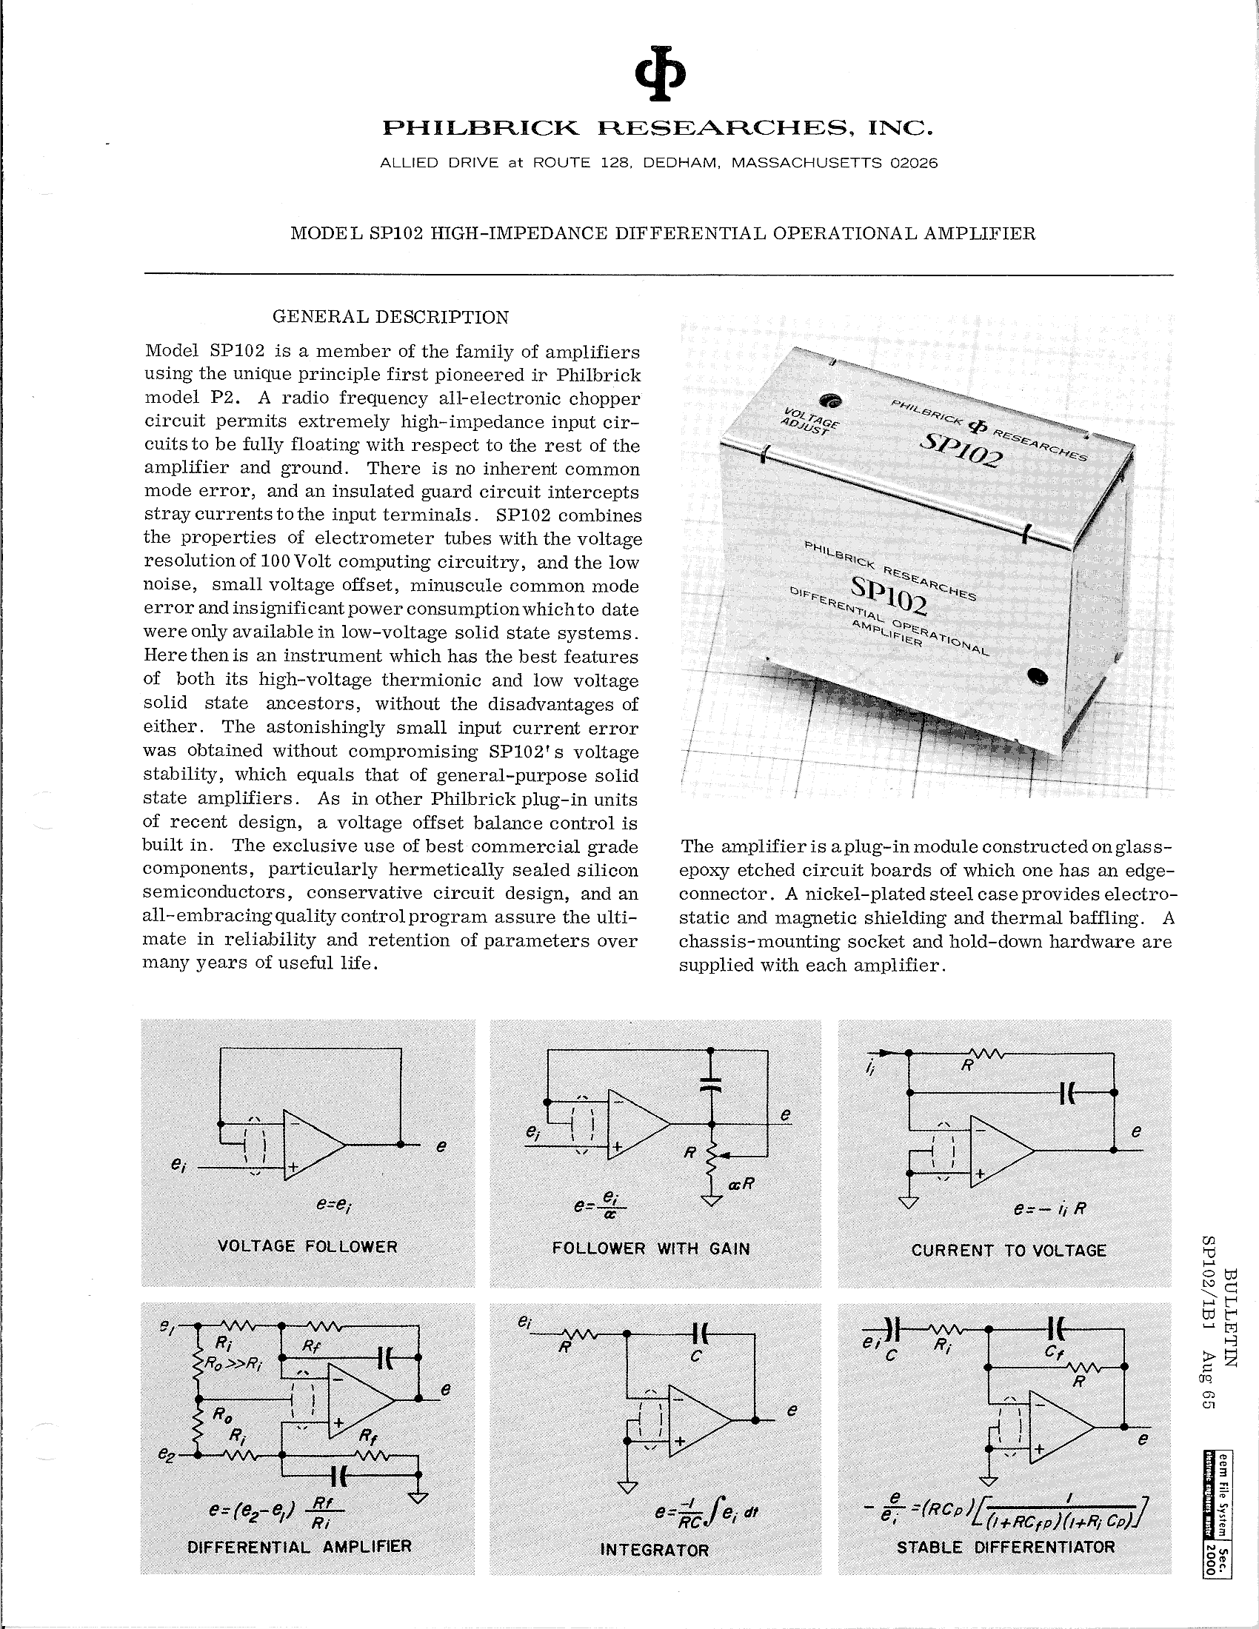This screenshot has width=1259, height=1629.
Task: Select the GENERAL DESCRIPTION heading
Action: [390, 317]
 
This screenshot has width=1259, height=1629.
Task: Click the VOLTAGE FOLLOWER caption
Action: [307, 1246]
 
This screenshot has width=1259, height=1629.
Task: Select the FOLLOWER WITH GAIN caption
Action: [651, 1248]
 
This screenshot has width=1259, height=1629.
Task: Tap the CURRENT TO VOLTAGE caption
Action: [1009, 1250]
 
